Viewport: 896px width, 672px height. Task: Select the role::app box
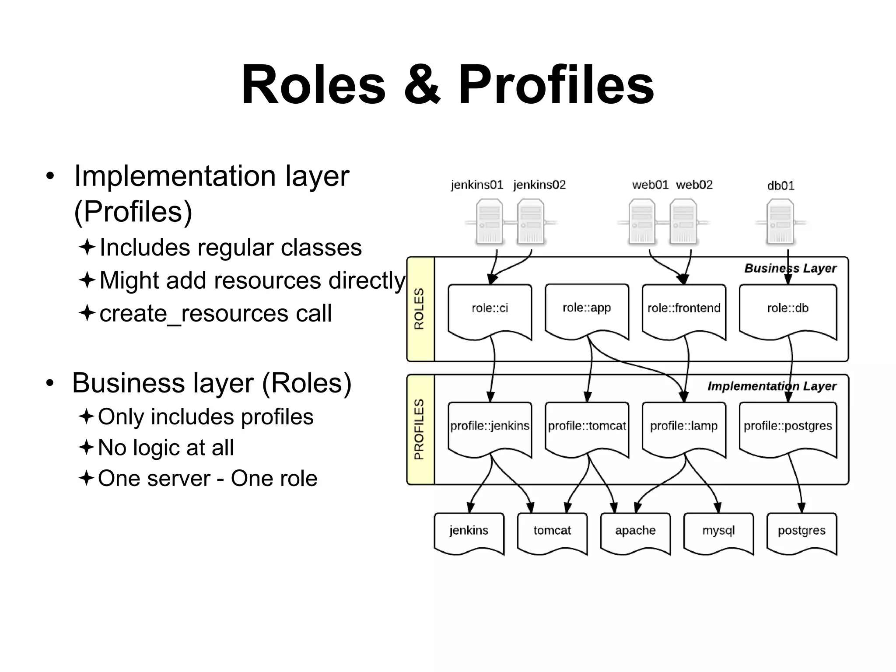pos(587,309)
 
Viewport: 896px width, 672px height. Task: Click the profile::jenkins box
pos(490,427)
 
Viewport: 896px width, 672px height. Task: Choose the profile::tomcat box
pos(587,427)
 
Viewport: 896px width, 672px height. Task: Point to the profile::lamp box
pos(684,427)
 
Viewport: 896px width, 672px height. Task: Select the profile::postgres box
pos(787,427)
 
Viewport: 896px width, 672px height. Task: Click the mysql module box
pos(718,531)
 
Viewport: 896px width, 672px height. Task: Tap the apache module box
pos(635,531)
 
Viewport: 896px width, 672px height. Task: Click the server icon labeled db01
pos(780,221)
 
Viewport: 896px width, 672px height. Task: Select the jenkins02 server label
pos(539,185)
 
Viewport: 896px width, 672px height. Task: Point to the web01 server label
pos(650,185)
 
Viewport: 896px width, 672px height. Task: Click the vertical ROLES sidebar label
pos(420,309)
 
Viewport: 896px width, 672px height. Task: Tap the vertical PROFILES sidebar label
pos(420,429)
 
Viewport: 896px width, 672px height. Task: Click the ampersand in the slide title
pos(421,84)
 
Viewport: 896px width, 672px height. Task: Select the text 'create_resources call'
pos(215,314)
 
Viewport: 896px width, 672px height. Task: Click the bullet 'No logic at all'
pos(166,448)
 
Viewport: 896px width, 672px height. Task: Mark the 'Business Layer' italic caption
pos(790,268)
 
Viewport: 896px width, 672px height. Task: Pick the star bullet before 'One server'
pos(87,478)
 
